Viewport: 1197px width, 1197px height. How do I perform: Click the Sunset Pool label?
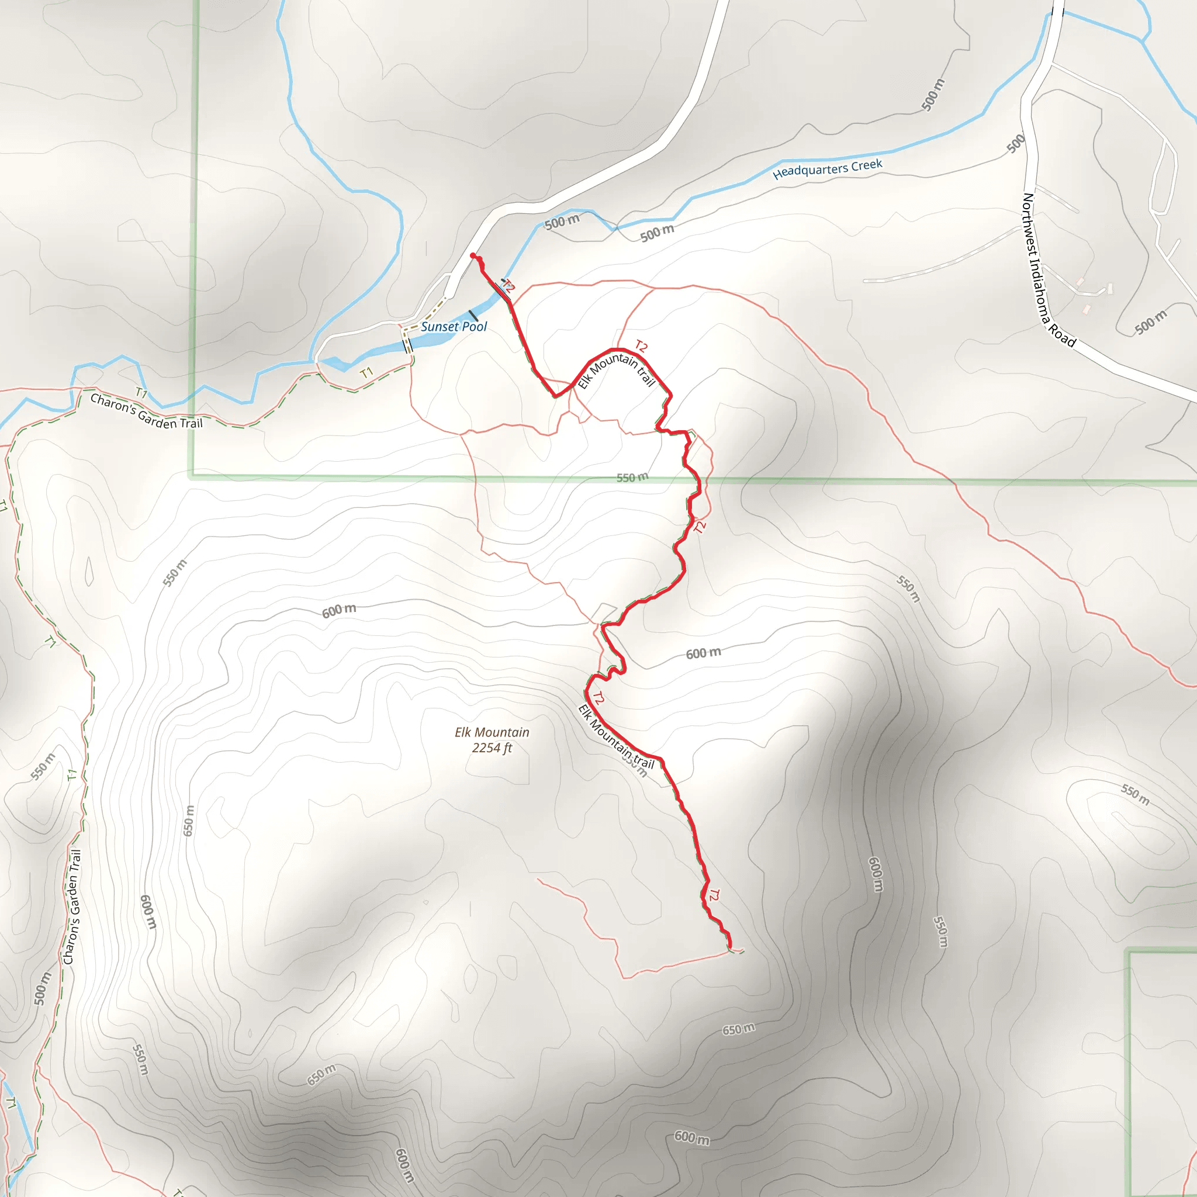454,327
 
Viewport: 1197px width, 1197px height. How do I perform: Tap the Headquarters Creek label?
827,168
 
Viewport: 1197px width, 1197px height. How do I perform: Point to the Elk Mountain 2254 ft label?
492,740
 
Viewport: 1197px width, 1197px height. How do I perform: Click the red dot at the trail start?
473,255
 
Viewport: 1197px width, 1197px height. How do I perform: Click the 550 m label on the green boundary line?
632,477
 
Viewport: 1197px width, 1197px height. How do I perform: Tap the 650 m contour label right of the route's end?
739,1029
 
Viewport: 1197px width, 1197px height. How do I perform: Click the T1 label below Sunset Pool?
367,372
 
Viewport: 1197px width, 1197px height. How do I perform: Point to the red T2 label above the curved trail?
641,347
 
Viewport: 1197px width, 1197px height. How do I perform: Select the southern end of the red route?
730,947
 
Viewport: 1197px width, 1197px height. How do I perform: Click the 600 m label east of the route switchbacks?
703,653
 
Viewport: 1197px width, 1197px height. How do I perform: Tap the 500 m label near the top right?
933,95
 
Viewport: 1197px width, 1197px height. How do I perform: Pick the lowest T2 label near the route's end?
714,895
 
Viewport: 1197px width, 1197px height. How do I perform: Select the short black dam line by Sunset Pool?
473,316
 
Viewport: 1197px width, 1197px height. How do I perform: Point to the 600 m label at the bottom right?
691,1137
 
